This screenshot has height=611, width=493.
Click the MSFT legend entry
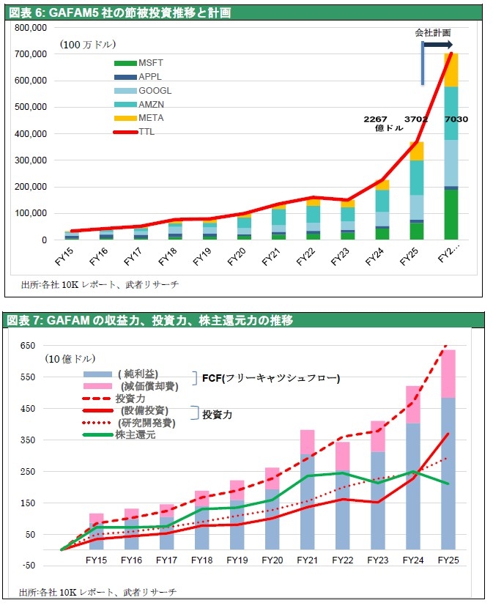(138, 63)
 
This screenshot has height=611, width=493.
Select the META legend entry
(138, 118)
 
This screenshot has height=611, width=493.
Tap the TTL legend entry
(133, 132)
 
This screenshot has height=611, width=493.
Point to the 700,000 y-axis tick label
(30, 54)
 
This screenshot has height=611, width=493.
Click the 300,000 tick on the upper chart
(30, 160)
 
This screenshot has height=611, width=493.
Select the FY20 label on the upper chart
(236, 256)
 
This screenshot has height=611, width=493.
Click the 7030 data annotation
(456, 119)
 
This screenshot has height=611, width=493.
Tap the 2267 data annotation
(375, 119)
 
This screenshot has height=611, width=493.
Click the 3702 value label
(416, 119)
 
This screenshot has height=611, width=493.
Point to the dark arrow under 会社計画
(438, 45)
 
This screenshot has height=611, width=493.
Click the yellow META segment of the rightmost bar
(451, 70)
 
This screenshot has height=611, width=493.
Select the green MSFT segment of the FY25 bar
(417, 231)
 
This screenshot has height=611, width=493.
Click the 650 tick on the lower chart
(28, 346)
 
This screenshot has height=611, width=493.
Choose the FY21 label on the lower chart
(307, 560)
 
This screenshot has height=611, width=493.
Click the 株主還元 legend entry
(119, 434)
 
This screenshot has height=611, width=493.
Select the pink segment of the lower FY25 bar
(448, 374)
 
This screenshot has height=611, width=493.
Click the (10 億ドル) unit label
(70, 358)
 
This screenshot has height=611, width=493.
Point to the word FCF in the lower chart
(212, 378)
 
